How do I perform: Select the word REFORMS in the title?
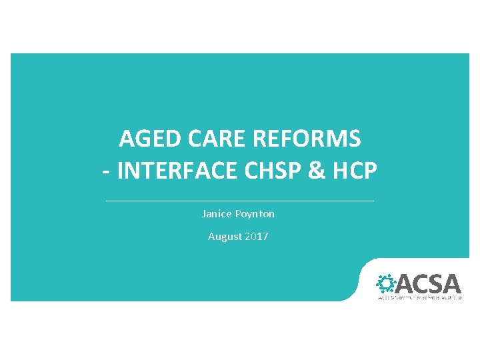click(307, 139)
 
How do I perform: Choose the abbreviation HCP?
click(355, 172)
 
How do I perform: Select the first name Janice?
click(217, 214)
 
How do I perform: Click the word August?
click(225, 236)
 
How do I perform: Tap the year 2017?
click(257, 236)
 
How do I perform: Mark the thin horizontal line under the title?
click(240, 201)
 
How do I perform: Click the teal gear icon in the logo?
click(386, 283)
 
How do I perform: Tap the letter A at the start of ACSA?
click(405, 284)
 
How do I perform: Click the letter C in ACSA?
click(421, 284)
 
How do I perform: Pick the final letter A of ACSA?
click(452, 284)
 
